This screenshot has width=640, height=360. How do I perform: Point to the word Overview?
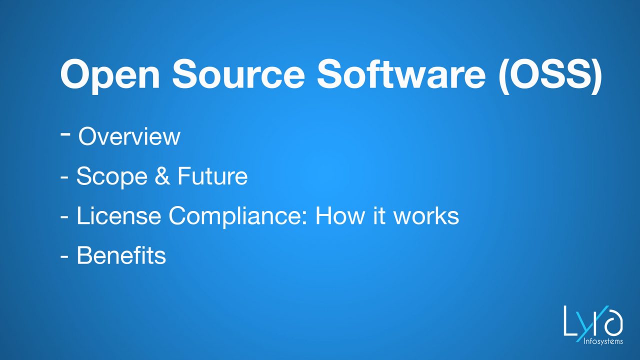(129, 136)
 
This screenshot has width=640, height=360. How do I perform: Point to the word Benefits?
(121, 256)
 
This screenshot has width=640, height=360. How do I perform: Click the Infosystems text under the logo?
(603, 341)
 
